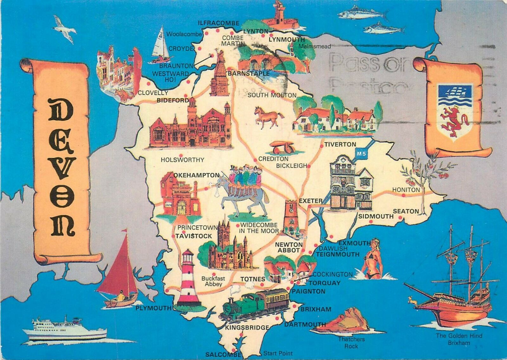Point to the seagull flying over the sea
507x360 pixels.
tap(65, 29)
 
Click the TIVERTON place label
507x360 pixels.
tap(340, 144)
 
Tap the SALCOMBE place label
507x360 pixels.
tap(223, 355)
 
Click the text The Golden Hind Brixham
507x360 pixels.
tap(459, 339)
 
